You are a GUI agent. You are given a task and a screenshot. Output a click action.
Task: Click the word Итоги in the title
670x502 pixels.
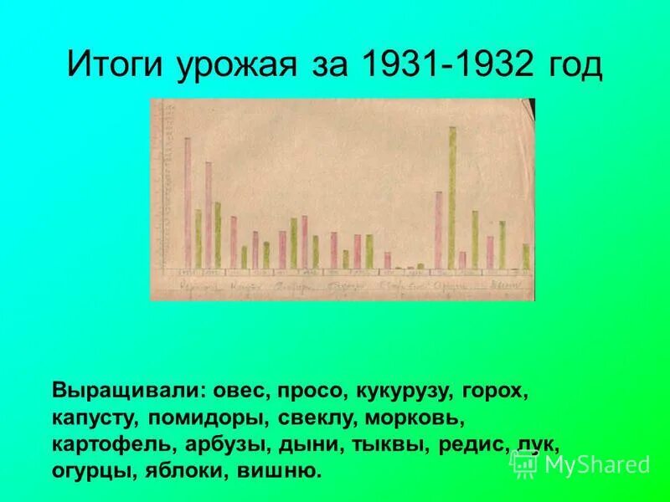pos(116,65)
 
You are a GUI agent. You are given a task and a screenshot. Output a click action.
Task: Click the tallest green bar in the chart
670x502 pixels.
pos(452,197)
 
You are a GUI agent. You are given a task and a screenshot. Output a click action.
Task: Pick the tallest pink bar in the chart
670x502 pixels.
pos(188,203)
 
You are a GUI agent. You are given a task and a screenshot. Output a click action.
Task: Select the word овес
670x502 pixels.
pos(240,391)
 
